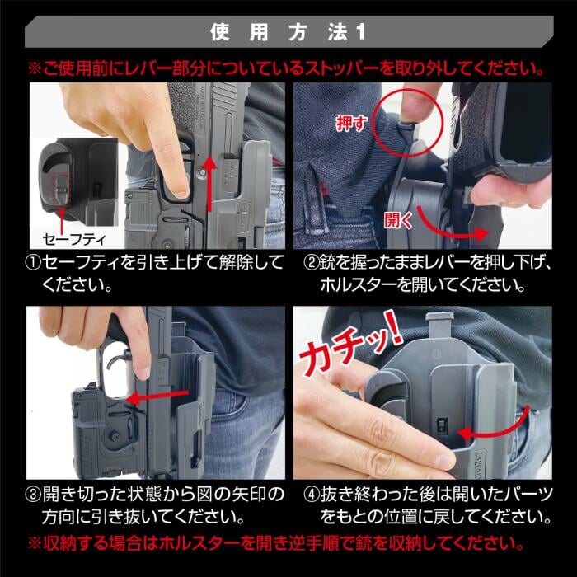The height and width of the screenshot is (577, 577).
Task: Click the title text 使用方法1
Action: click(x=288, y=32)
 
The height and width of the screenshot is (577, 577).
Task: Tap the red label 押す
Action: click(x=351, y=124)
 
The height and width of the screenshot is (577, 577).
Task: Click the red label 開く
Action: click(x=398, y=220)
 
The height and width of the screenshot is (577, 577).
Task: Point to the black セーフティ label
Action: click(x=74, y=240)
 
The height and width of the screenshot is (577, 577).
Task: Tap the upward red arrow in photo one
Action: click(x=209, y=183)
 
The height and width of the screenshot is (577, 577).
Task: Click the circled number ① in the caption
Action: click(x=33, y=263)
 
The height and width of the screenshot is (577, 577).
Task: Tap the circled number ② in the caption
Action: click(x=311, y=263)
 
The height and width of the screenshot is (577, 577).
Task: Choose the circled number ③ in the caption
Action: click(x=33, y=495)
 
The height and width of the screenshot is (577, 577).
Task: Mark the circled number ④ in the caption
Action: click(x=311, y=495)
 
